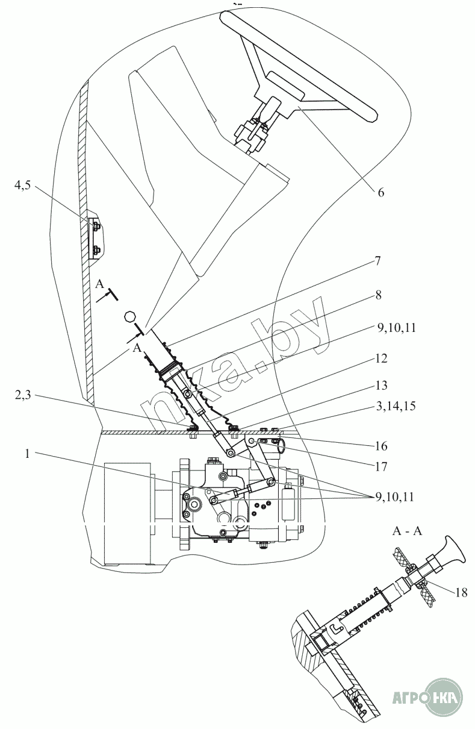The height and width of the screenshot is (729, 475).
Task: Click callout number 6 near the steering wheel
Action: click(380, 193)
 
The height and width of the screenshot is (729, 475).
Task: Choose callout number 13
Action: click(380, 386)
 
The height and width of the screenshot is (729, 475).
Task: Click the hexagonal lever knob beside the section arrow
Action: click(130, 316)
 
